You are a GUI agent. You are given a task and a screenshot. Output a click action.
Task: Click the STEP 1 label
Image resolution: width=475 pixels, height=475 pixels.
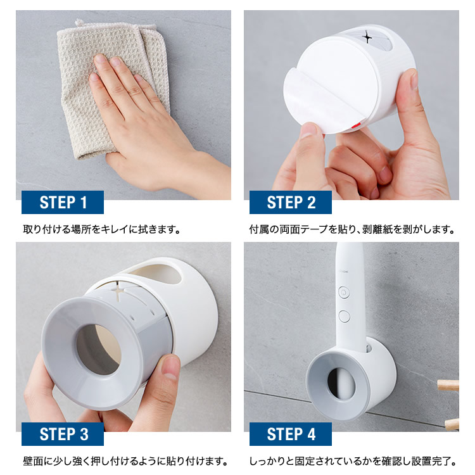pyautogui.click(x=63, y=203)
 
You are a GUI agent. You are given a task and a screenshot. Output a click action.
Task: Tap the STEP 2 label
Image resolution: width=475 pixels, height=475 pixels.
pyautogui.click(x=291, y=203)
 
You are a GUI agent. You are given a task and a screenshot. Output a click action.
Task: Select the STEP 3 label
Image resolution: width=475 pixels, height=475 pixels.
pyautogui.click(x=63, y=434)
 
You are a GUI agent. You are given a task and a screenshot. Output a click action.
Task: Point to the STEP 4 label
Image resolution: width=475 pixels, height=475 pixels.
pyautogui.click(x=291, y=434)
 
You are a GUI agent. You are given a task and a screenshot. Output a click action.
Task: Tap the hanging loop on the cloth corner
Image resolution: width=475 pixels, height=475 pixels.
pyautogui.click(x=79, y=22)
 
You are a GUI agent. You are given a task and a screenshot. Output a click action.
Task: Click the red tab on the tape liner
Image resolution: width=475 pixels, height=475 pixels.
pyautogui.click(x=355, y=125)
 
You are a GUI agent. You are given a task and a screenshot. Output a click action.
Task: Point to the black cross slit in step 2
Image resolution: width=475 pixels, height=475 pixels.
pyautogui.click(x=367, y=38)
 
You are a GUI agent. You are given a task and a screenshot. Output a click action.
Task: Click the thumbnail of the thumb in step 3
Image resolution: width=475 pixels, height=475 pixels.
pyautogui.click(x=170, y=367)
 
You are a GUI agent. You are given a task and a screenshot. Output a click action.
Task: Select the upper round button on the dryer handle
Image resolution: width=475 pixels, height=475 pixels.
pyautogui.click(x=344, y=293)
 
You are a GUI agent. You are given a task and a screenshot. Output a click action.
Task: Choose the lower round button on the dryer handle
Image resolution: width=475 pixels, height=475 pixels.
pyautogui.click(x=345, y=316)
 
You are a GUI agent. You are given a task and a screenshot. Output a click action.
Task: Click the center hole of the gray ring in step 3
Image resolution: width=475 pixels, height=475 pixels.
pyautogui.click(x=98, y=350)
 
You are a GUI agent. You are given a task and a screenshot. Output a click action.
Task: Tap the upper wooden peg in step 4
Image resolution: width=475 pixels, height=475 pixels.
pyautogui.click(x=448, y=385)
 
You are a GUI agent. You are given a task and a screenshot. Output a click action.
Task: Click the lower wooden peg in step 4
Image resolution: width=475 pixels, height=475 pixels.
pyautogui.click(x=452, y=424)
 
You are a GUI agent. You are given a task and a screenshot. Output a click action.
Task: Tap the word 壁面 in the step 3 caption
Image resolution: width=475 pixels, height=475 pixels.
pyautogui.click(x=33, y=461)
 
